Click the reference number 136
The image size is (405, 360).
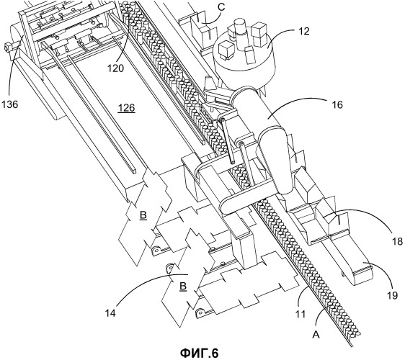coord(10,104)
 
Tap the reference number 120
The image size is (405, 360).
coord(116,68)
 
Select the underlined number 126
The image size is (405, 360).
coord(126,107)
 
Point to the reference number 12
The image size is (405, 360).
coord(305,31)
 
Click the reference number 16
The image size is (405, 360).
coord(337,105)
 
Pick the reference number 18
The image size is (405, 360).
coord(398,241)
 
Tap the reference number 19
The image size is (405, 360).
coord(392,295)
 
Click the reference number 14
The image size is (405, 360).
coord(110,312)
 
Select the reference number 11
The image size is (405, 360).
coord(300,314)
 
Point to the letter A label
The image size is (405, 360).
coord(316,335)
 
